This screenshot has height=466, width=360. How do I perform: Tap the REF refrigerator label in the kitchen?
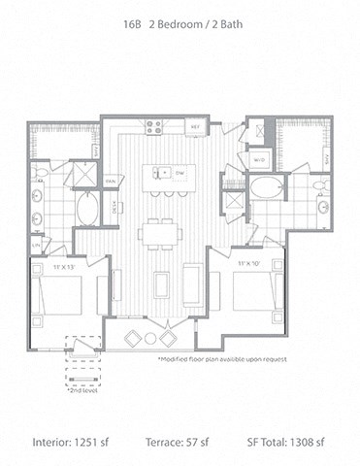[x=195, y=127]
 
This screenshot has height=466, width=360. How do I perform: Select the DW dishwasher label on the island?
[x=181, y=172]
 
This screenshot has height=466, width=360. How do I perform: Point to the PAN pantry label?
[x=112, y=180]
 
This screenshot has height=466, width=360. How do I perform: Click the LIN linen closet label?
[x=35, y=245]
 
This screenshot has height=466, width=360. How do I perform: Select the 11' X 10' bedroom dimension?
[x=248, y=263]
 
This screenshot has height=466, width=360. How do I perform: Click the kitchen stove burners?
[x=153, y=126]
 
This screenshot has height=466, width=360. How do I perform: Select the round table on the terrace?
[x=150, y=337]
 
